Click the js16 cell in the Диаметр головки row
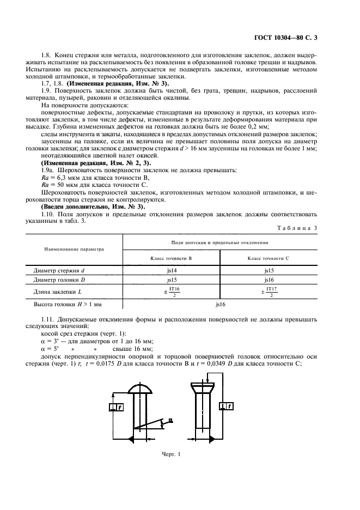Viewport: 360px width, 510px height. [269, 280]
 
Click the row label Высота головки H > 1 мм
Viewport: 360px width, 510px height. [68, 305]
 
